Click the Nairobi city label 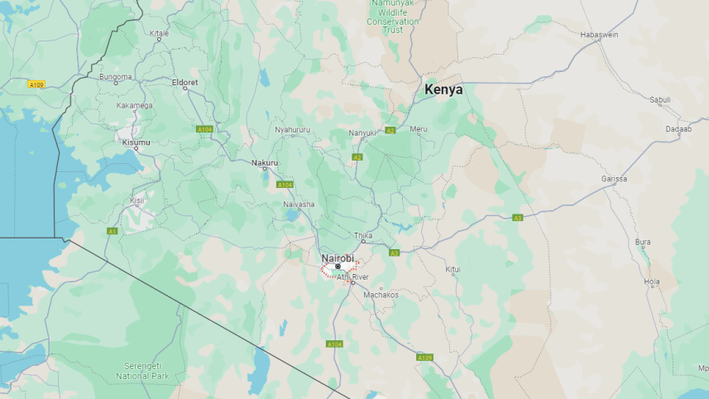coord(337,257)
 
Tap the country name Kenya coord(443,89)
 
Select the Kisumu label coord(137,142)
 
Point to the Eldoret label coord(184,82)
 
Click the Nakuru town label coord(265,162)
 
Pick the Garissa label coord(614,179)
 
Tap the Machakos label coord(381,295)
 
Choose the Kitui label coord(453,269)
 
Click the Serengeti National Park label coord(142,371)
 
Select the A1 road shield coord(113,231)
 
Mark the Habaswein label coord(600,34)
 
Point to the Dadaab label coord(678,129)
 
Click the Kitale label coord(159,33)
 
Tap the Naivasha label coord(299,204)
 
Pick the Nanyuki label coord(362,132)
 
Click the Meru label coord(419,128)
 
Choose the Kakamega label coord(134,105)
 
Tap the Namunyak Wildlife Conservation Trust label coord(393,17)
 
